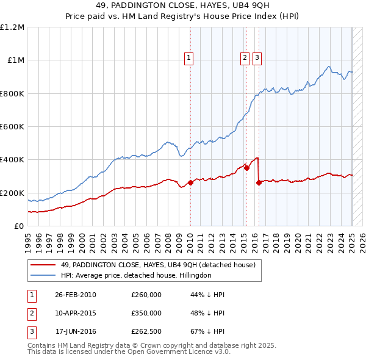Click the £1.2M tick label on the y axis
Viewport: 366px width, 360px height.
coord(12,27)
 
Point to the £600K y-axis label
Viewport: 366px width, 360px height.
coord(12,127)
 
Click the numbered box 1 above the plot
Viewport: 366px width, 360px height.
coord(189,59)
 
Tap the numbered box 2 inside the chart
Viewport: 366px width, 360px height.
coord(245,59)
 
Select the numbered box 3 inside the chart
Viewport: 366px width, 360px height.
coord(257,59)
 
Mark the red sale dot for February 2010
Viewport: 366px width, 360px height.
coord(190,182)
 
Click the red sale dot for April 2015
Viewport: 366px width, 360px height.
coord(246,168)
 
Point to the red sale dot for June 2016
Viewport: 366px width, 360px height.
coord(259,182)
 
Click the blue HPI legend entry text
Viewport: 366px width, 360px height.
coord(135,275)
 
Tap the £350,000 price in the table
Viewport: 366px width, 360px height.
coord(146,313)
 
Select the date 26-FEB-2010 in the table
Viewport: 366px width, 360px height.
coord(75,295)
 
